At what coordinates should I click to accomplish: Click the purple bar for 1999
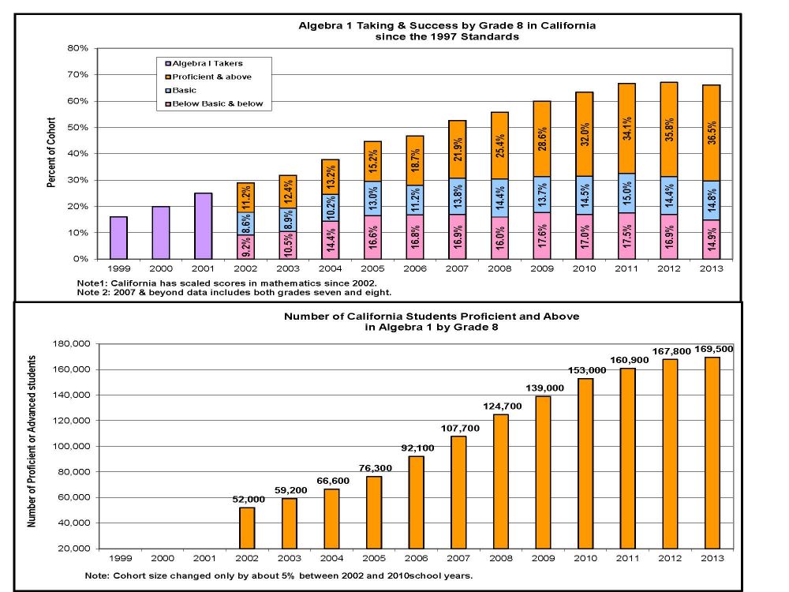[x=118, y=238]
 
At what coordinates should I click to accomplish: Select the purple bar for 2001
[x=204, y=226]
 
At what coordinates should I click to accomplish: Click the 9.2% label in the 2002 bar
[x=246, y=248]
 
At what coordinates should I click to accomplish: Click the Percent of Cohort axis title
[x=51, y=154]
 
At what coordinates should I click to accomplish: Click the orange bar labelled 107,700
[x=458, y=493]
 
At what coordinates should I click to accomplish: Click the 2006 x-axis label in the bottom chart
[x=417, y=558]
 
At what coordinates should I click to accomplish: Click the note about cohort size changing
[x=278, y=575]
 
